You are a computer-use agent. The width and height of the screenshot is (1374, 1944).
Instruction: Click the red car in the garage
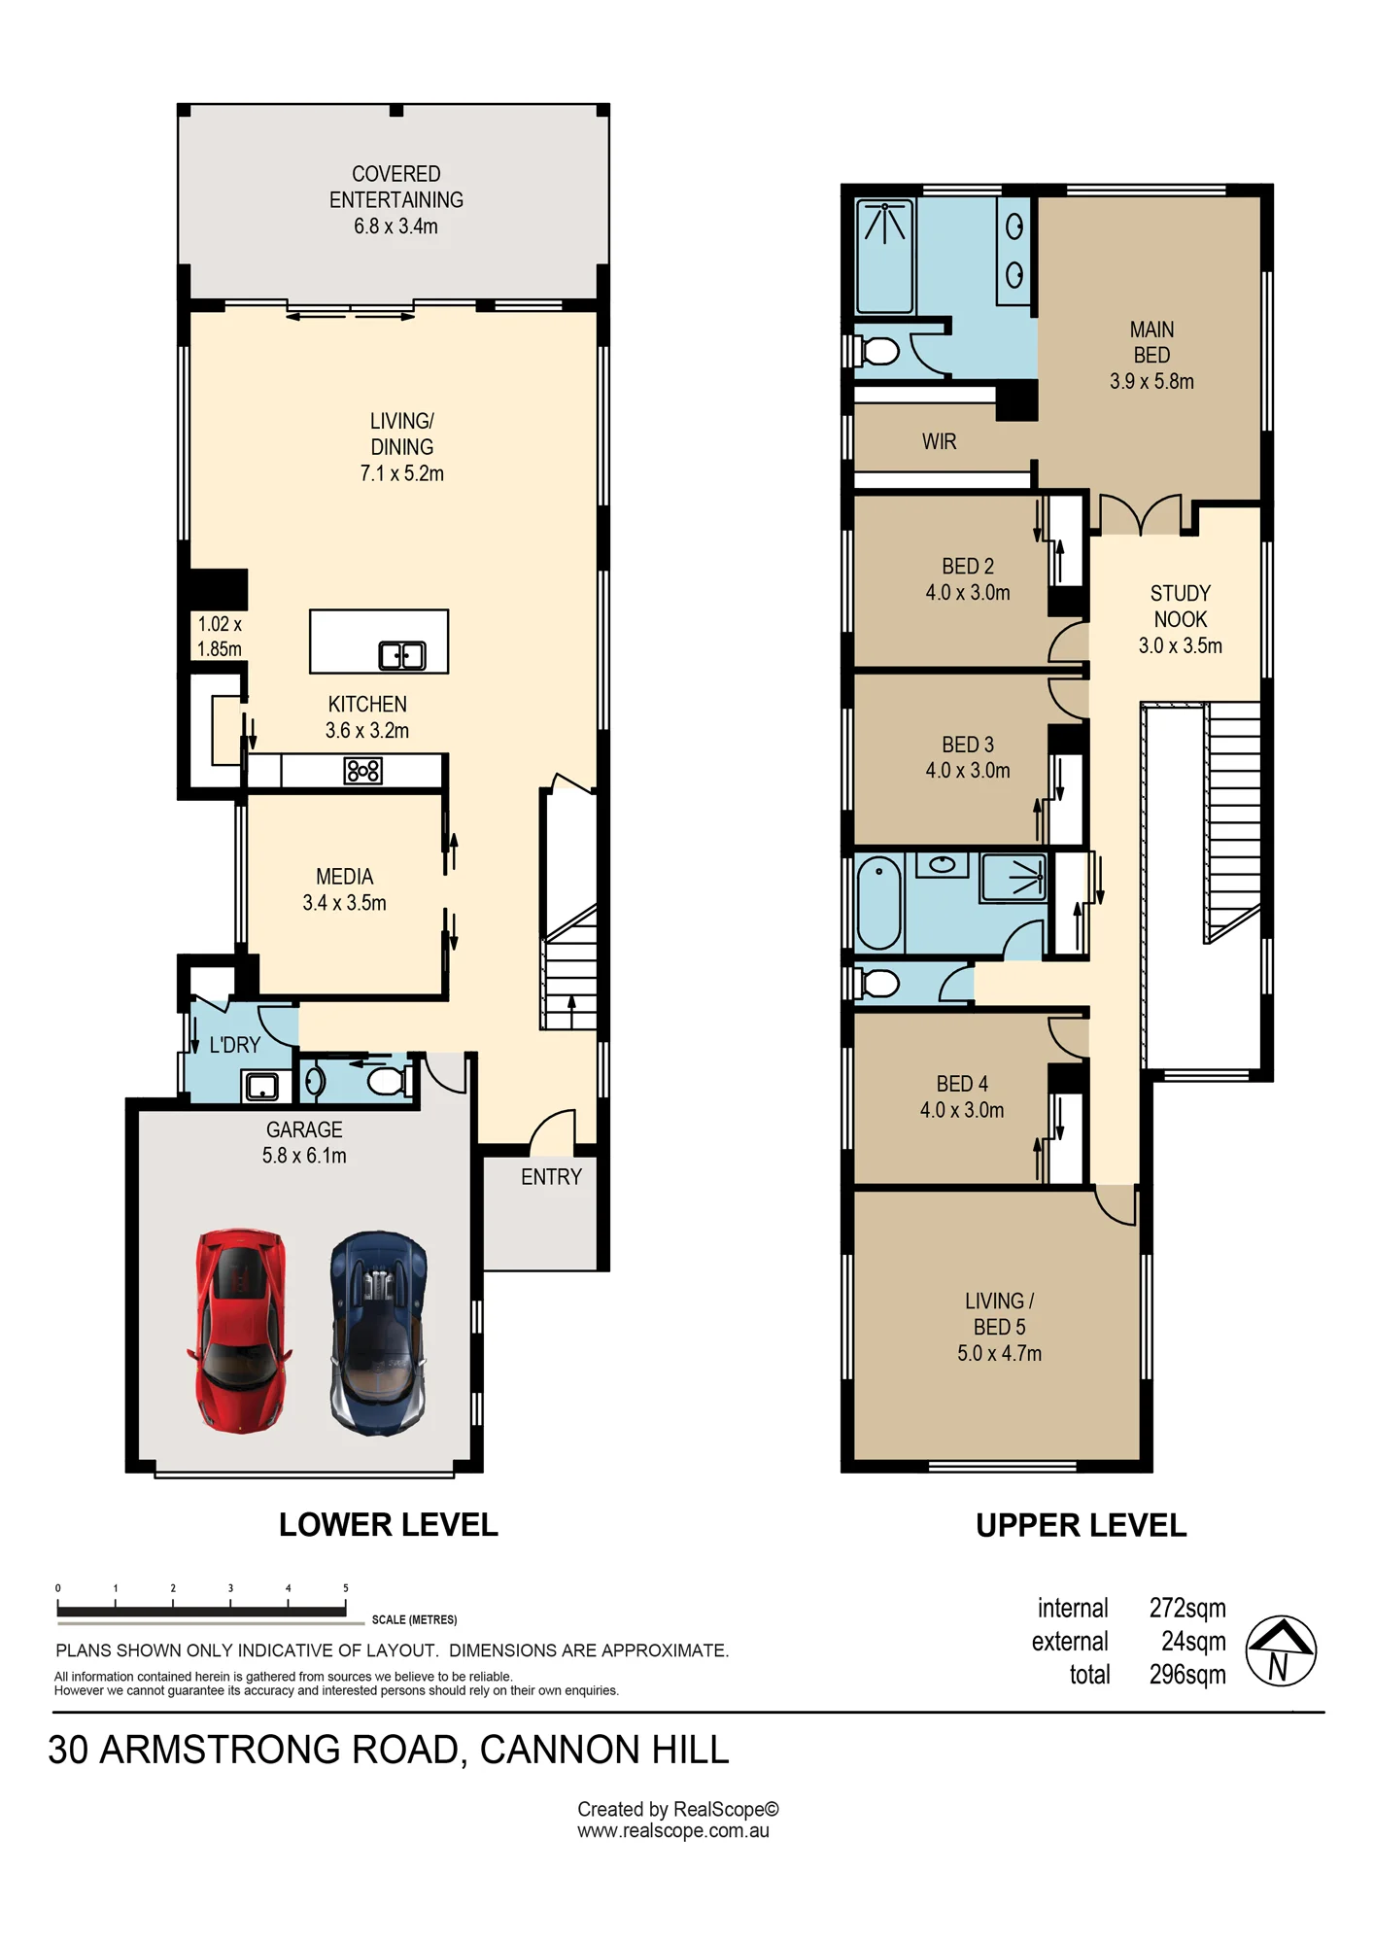pos(239,1330)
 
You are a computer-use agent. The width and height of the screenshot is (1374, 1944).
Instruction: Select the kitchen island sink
pos(401,656)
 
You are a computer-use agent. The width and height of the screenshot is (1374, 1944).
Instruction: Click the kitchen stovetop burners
pos(363,771)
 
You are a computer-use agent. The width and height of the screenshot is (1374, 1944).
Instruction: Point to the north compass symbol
pos(1281,1650)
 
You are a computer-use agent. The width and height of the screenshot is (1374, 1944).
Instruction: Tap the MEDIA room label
pos(345,877)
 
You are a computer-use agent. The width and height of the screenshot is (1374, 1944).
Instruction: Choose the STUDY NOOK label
pos(1181,607)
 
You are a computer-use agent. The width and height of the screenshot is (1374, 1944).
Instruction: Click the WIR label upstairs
pos(939,442)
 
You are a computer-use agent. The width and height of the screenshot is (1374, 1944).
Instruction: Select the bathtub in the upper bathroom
pos(879,903)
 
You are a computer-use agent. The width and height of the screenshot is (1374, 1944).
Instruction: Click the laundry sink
pos(262,1086)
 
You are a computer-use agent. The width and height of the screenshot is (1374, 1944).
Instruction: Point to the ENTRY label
pos(551,1177)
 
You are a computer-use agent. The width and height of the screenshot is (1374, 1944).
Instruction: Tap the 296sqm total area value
pos(1187,1675)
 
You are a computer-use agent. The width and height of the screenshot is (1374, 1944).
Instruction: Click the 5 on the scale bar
pos(345,1588)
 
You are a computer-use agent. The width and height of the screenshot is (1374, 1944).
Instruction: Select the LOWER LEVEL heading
pos(389,1525)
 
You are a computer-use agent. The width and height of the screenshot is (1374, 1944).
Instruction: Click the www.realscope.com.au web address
pos(673,1831)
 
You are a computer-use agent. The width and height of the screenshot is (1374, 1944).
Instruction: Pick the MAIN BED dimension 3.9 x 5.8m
pos(1151,382)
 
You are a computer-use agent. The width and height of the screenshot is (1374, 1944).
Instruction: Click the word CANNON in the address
pos(561,1750)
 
